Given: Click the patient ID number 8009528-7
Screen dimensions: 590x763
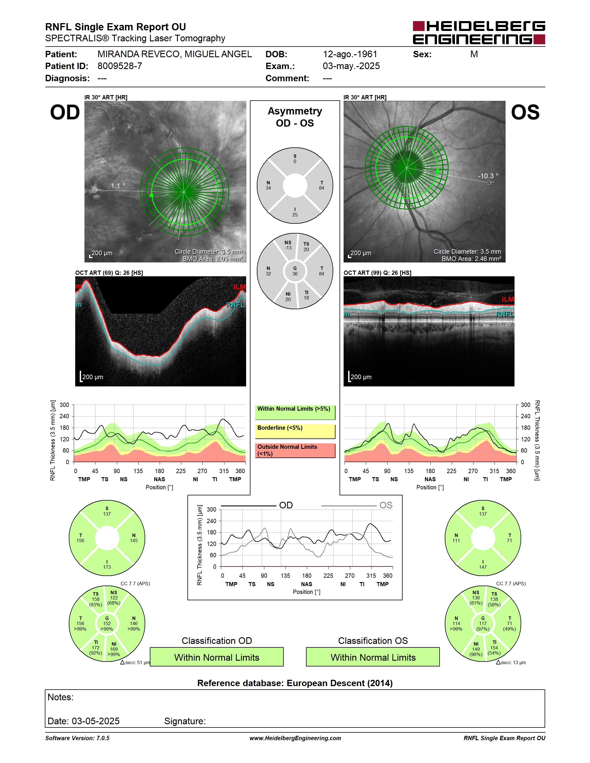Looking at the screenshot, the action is tap(119, 66).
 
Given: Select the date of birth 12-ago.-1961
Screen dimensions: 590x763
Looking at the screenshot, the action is tap(350, 54).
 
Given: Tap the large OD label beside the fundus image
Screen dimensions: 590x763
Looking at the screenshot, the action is tap(65, 112).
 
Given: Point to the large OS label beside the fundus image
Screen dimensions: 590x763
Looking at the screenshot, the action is tap(525, 112).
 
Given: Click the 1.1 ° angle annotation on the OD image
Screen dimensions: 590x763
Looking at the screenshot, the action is tap(118, 186).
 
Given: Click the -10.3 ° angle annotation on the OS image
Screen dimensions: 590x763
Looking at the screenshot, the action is tap(488, 176).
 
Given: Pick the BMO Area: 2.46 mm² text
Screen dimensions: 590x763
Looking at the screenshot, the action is tap(471, 259).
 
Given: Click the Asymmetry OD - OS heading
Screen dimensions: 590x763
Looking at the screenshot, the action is tap(295, 117).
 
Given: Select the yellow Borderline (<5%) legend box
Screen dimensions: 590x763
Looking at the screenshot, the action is tap(295, 431).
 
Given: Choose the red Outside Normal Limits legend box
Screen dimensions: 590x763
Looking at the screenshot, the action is tap(295, 451).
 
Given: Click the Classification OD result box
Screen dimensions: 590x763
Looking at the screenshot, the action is tap(217, 657).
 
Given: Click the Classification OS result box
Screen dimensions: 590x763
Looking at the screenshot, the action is tap(373, 657).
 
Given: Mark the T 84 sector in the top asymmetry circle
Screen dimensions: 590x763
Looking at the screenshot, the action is tap(322, 185).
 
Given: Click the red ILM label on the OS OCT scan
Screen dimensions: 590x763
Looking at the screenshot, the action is tap(508, 299).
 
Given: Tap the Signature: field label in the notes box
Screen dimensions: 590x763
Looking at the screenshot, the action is tap(185, 721).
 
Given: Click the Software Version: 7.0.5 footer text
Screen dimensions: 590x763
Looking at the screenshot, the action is tap(77, 738).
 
